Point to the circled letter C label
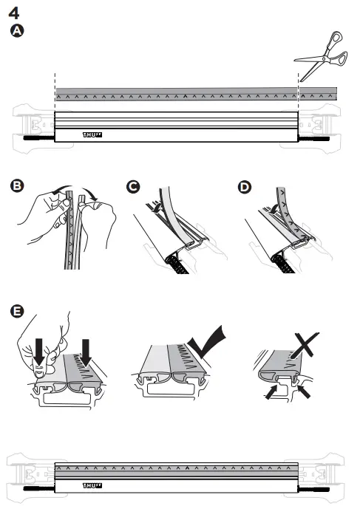tap(133, 186)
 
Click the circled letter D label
tap(244, 186)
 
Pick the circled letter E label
tap(16, 311)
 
